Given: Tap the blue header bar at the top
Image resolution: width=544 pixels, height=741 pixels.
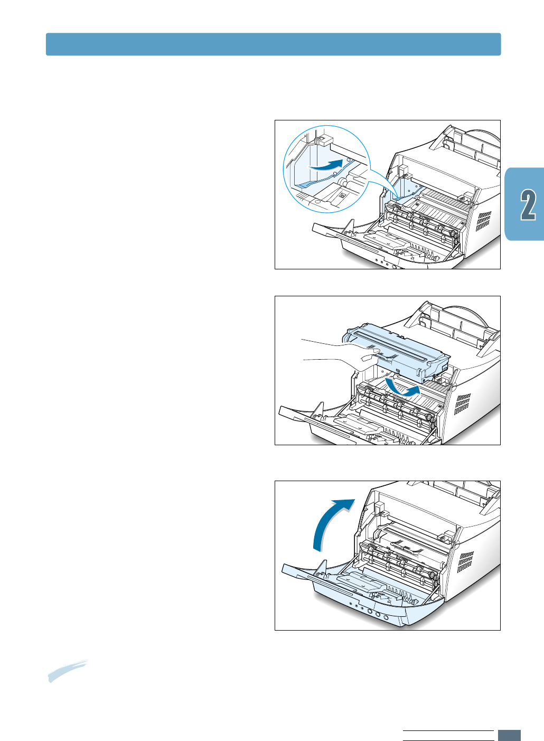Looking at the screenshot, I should pos(273,44).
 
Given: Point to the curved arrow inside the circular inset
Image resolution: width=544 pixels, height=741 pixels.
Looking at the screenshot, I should pos(325,165).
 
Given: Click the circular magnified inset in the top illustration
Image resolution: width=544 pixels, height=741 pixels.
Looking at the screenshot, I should pos(326,169).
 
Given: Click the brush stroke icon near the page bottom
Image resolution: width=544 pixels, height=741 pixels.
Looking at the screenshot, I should pos(67,671).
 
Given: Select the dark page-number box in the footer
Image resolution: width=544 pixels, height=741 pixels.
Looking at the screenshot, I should pos(509,735).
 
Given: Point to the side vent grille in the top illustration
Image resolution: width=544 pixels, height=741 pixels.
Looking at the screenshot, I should pos(483,221).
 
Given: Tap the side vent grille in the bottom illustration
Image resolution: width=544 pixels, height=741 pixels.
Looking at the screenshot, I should pos(465,562).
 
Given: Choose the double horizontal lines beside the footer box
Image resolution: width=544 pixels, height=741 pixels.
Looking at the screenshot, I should pos(448,735).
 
